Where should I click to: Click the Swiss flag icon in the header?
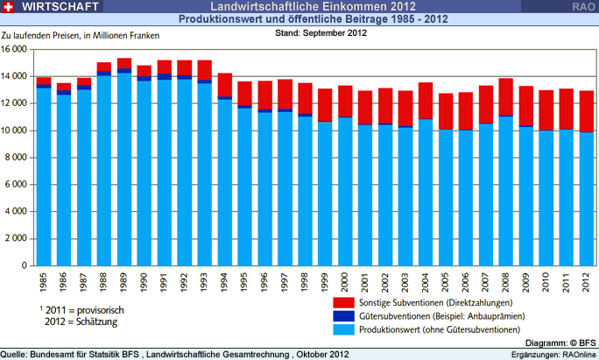[x=8, y=8]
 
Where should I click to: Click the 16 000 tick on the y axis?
[x=18, y=49]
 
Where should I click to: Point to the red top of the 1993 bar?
[x=203, y=70]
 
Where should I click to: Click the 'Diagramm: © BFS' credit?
[x=560, y=342]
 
